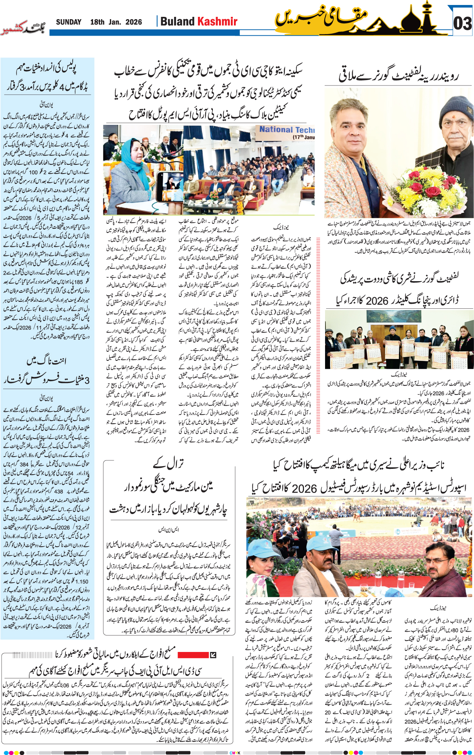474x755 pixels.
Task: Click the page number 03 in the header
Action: [462, 23]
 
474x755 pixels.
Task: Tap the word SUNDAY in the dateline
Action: [69, 22]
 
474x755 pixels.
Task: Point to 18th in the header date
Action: [97, 22]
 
